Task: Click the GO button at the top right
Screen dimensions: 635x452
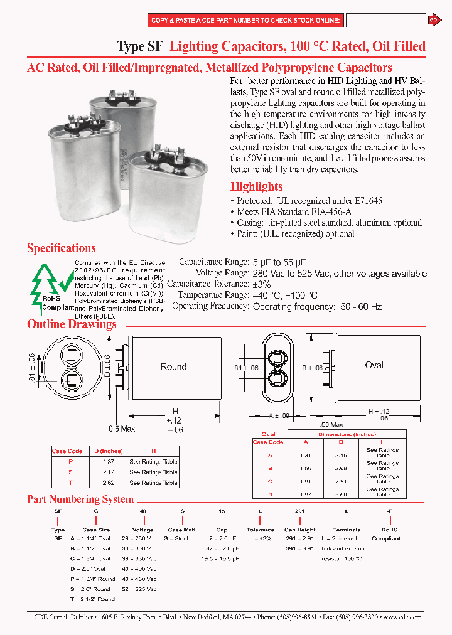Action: [433, 21]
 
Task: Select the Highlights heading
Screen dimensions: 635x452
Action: [256, 186]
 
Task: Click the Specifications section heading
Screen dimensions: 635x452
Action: [62, 248]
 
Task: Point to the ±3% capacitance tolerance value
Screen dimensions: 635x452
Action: [262, 284]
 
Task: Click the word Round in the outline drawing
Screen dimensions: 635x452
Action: [173, 367]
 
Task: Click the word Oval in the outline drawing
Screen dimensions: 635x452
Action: [374, 365]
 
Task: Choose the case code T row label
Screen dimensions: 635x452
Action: [71, 483]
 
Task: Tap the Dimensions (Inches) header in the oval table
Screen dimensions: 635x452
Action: [347, 434]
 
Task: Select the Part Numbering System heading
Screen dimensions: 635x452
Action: [80, 499]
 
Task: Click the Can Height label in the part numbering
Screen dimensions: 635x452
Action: [299, 530]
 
